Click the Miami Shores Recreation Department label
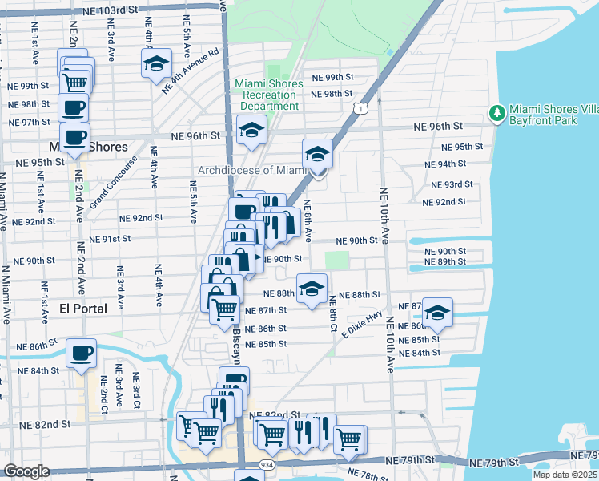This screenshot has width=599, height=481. pyautogui.click(x=269, y=95)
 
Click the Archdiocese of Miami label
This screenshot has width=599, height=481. pyautogui.click(x=254, y=170)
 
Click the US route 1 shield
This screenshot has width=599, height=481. pyautogui.click(x=363, y=107)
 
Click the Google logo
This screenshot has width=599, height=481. pyautogui.click(x=26, y=471)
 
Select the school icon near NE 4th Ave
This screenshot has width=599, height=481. pyautogui.click(x=157, y=64)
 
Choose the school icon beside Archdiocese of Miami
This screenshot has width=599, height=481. pyautogui.click(x=317, y=155)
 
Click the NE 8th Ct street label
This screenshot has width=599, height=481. pyautogui.click(x=332, y=313)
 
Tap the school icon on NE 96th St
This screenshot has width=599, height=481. pyautogui.click(x=251, y=131)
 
